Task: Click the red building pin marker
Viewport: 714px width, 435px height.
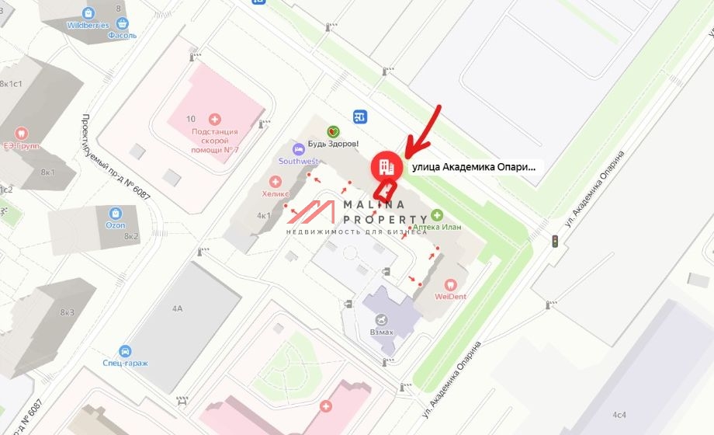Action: pos(386,165)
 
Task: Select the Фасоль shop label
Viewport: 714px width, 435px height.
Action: pos(123,36)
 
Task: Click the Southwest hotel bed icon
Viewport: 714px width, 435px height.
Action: pos(297,148)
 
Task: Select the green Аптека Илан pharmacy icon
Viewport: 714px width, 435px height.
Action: pos(437,214)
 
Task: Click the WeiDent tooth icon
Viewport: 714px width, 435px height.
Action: pos(449,284)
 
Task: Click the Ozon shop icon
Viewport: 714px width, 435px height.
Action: pos(116,213)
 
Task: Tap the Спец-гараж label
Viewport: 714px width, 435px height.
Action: pos(125,363)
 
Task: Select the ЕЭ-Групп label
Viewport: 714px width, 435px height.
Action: pos(22,145)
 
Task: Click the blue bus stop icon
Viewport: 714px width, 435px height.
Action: pos(359,117)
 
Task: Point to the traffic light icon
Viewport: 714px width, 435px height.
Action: pos(555,242)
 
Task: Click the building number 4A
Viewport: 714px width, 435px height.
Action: pos(177,308)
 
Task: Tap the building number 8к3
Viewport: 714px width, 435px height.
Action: pos(68,312)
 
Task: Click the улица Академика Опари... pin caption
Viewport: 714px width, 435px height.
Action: pos(473,166)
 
